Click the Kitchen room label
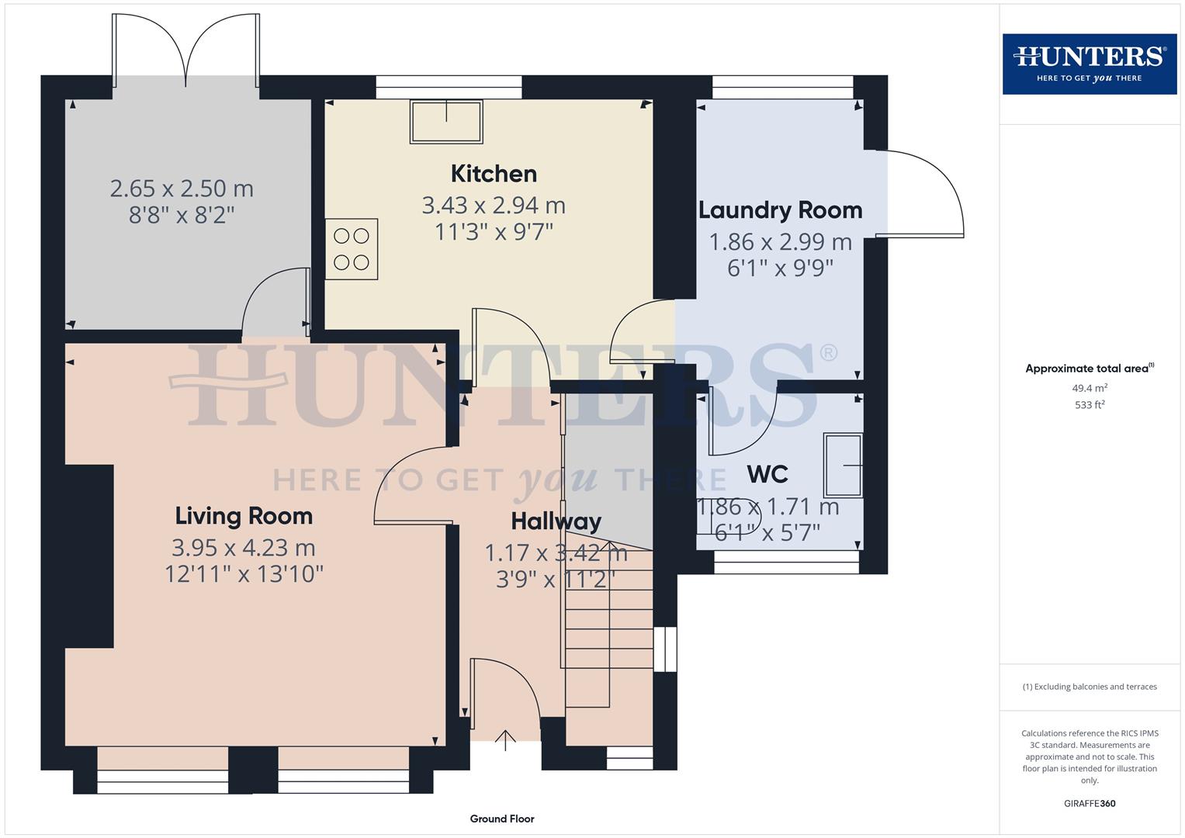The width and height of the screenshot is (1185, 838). [x=494, y=173]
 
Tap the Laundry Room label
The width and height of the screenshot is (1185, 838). [x=780, y=210]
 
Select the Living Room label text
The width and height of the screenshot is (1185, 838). [x=244, y=516]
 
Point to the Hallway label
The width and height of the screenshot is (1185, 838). [x=556, y=521]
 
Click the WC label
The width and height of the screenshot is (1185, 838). [x=767, y=474]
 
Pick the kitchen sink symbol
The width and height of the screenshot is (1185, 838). [x=446, y=122]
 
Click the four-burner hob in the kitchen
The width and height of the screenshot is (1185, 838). [x=352, y=249]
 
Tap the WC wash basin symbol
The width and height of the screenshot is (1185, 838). [x=843, y=466]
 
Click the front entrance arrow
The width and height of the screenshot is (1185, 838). [x=505, y=740]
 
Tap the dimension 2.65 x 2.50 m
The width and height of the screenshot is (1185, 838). [x=182, y=189]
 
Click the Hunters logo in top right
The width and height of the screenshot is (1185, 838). [x=1089, y=64]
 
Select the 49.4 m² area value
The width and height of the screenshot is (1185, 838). [x=1089, y=388]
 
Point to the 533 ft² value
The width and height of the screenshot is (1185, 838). [x=1089, y=405]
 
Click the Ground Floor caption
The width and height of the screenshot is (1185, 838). [x=502, y=819]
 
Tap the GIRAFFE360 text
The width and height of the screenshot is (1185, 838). [x=1089, y=804]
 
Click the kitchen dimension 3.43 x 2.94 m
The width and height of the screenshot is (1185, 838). [x=494, y=206]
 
